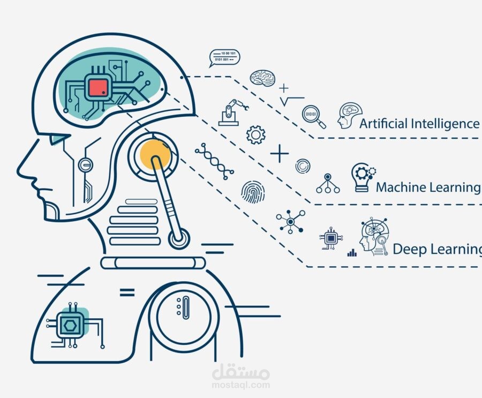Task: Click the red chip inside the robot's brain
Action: coord(99,87)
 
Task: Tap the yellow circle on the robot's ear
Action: coord(155,154)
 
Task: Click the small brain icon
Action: coord(262,78)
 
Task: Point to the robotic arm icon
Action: coord(233,112)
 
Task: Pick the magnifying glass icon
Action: coord(313,117)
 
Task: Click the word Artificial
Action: coord(383,123)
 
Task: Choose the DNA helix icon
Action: coord(214,161)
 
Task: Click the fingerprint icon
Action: coord(253,192)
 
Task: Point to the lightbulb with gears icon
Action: coord(363,177)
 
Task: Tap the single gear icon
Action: coord(256,134)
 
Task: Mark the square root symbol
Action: coord(291,101)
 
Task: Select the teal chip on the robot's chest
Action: coord(71,324)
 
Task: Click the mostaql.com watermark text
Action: coord(240,385)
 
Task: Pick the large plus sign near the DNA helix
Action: coord(280,154)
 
